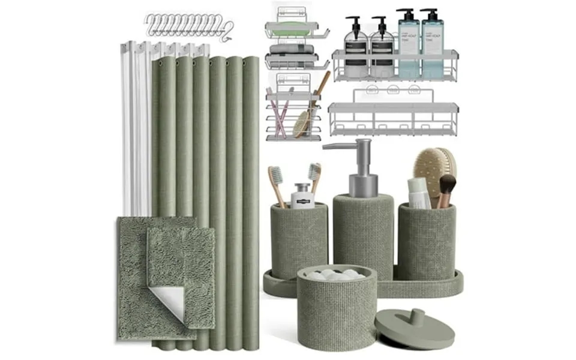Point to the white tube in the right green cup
pyautogui.click(x=418, y=192)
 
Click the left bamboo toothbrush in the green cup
pyautogui.click(x=277, y=186)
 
